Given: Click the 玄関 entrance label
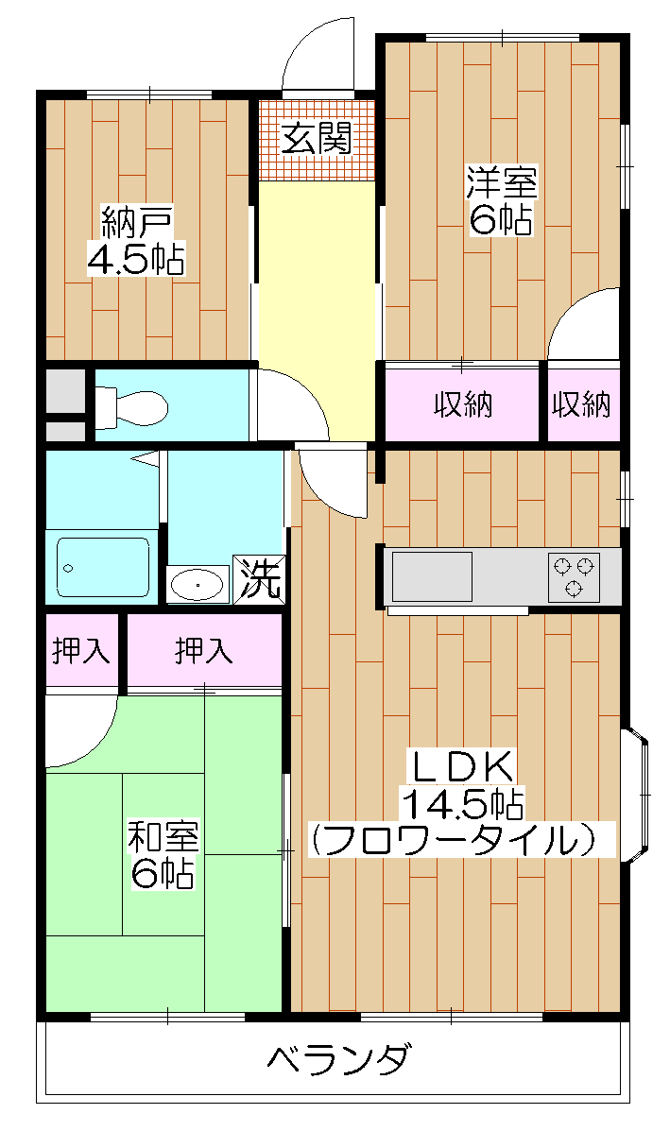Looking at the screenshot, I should click(317, 140).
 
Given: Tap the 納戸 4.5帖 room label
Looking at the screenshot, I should click(136, 242).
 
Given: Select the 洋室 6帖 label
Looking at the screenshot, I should click(500, 200).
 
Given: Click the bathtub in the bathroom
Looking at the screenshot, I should click(102, 568).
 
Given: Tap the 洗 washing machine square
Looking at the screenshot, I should click(259, 579).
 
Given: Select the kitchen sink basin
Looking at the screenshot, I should click(432, 575).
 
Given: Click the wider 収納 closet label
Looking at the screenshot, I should click(463, 405).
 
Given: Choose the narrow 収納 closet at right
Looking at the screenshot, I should click(582, 405).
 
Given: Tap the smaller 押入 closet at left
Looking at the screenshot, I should click(82, 651).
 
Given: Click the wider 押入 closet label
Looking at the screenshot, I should click(203, 651).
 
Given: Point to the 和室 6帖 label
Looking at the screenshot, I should click(163, 854).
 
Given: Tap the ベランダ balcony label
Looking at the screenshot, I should click(336, 1059).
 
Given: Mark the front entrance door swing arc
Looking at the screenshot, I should click(318, 51).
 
